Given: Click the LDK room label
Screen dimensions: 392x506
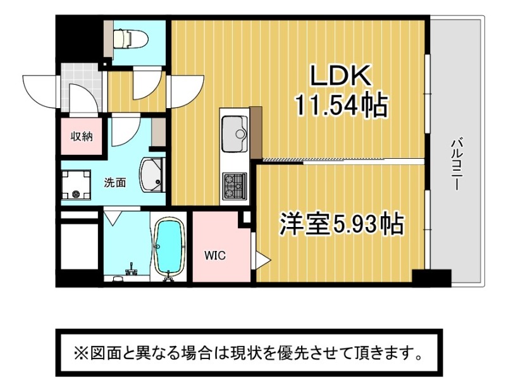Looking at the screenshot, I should (339, 77).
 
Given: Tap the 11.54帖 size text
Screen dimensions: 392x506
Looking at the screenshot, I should (340, 105).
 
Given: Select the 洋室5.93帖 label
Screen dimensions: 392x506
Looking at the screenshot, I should (342, 224).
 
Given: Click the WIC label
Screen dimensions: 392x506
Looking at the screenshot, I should (214, 256).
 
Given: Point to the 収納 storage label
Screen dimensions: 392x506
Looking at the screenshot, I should (81, 136).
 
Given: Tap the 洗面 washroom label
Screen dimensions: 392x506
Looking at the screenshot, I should (114, 183).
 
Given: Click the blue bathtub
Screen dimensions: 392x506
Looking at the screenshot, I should (169, 248).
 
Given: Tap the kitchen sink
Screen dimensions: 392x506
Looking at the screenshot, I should (235, 133).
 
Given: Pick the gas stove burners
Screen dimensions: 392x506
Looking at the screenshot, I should (235, 185).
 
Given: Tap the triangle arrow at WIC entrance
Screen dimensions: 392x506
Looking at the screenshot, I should (261, 259).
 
